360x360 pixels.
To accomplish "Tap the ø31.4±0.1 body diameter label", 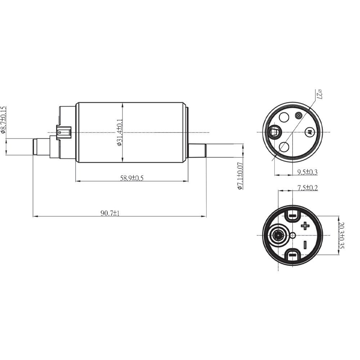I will tap(119, 132).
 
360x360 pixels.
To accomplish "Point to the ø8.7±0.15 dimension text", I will tap(3, 120).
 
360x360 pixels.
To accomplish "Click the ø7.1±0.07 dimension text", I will tap(240, 176).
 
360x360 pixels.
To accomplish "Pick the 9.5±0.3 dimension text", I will tap(307, 172).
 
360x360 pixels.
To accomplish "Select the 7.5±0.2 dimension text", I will tap(307, 187).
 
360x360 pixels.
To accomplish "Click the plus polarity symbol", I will tap(305, 226).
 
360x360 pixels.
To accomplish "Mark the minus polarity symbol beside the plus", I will tap(305, 245).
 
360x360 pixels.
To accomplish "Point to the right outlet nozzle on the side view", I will tap(197, 150).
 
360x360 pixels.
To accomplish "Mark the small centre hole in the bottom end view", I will tap(293, 235).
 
